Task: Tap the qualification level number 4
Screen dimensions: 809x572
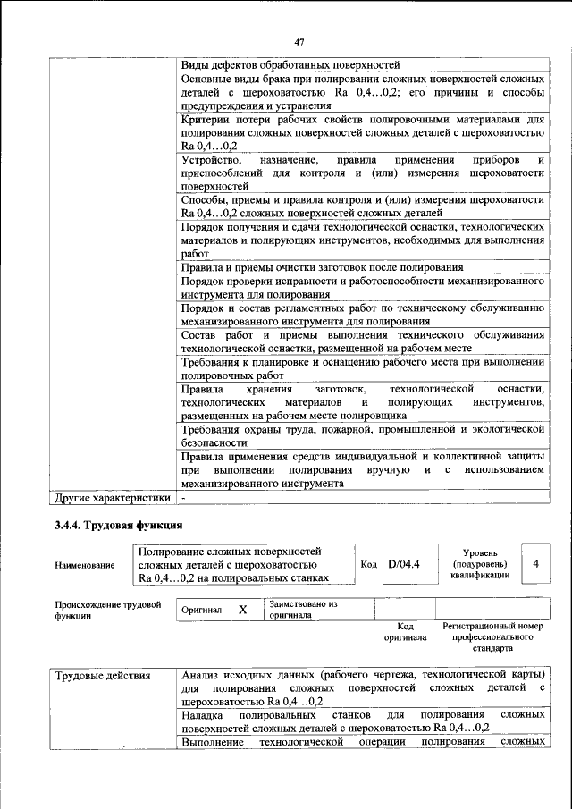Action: pos(534,564)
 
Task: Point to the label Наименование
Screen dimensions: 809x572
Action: pos(85,565)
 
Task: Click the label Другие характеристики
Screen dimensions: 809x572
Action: pos(112,496)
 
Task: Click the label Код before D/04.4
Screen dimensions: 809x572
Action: pos(368,564)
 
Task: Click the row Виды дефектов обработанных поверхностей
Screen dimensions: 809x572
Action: pos(290,65)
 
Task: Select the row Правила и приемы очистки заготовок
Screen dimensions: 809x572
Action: pos(322,267)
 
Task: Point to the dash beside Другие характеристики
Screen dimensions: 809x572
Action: pos(183,496)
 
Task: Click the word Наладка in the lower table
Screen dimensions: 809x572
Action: pos(203,714)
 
